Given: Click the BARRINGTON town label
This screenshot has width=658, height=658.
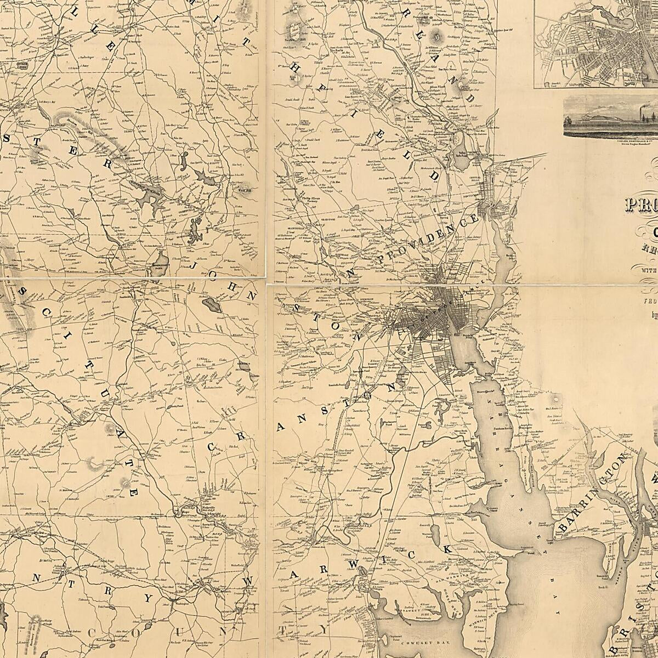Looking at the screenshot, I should pos(593,493).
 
